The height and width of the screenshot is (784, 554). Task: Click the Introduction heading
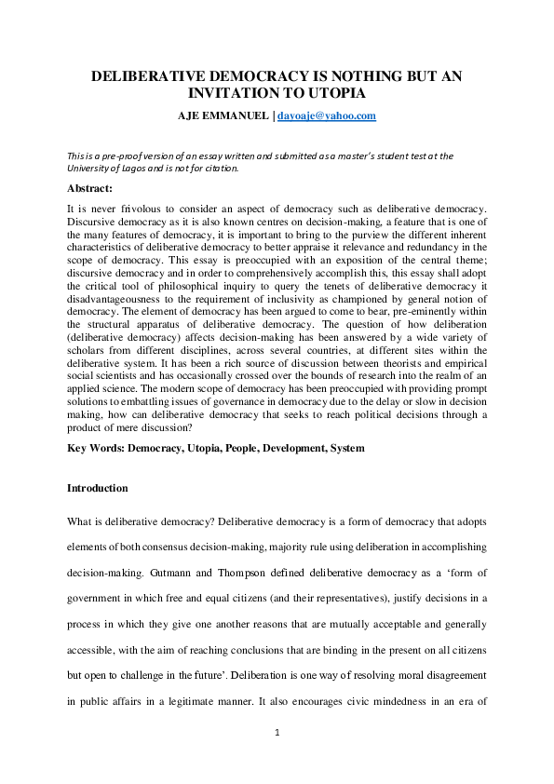tap(98, 488)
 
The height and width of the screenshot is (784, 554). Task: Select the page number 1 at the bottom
tap(277, 734)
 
